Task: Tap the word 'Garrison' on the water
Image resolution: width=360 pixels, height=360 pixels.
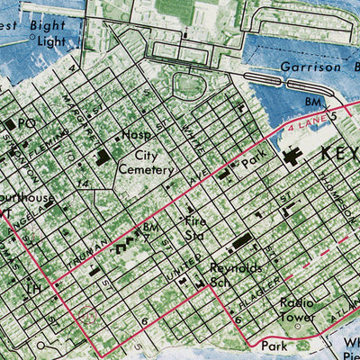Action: click(302, 67)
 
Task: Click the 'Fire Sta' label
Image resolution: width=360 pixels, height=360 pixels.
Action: click(197, 227)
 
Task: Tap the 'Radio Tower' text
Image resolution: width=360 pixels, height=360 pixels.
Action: click(297, 310)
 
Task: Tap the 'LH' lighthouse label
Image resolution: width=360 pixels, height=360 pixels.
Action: click(34, 288)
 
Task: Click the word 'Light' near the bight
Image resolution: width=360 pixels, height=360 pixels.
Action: click(52, 41)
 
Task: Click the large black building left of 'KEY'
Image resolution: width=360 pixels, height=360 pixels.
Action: click(292, 157)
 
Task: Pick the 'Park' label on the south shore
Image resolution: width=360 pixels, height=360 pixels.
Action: click(273, 344)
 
